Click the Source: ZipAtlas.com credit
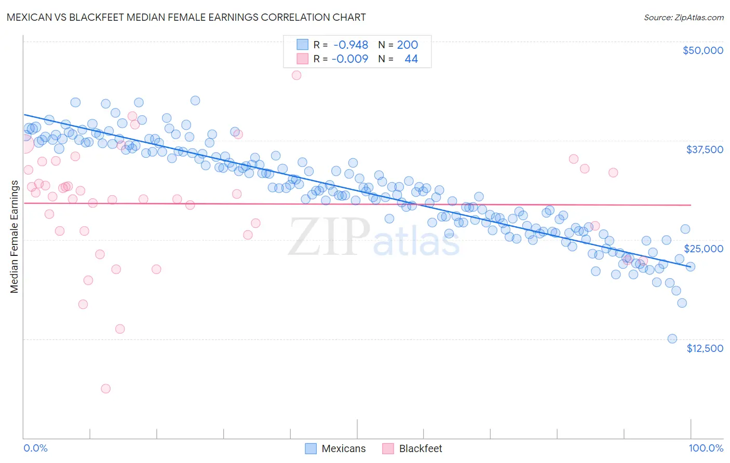pyautogui.click(x=683, y=17)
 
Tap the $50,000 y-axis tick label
pyautogui.click(x=702, y=50)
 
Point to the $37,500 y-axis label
pyautogui.click(x=705, y=149)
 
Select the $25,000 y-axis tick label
pyautogui.click(x=704, y=249)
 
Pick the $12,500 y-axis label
pyautogui.click(x=705, y=348)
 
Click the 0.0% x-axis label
pyautogui.click(x=36, y=448)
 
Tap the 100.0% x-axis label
pyautogui.click(x=706, y=448)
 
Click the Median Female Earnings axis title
pyautogui.click(x=15, y=237)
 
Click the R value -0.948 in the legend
pyautogui.click(x=350, y=45)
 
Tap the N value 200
pyautogui.click(x=407, y=45)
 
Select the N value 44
pyautogui.click(x=411, y=59)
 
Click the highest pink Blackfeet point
pyautogui.click(x=296, y=75)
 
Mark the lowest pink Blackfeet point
pyautogui.click(x=106, y=389)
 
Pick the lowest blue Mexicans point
pyautogui.click(x=672, y=339)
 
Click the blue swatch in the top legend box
pyautogui.click(x=302, y=45)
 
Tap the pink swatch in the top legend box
pyautogui.click(x=302, y=59)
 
